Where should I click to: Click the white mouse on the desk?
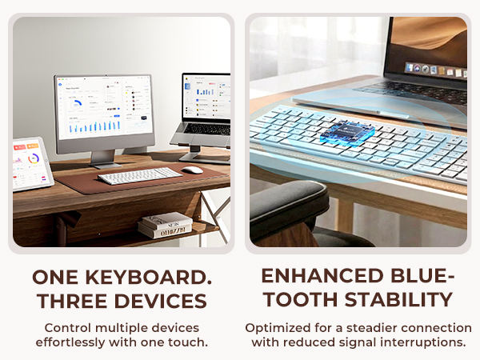tap(192, 170)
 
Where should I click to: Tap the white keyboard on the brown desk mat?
tap(139, 174)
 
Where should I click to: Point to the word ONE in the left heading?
tap(56, 278)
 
